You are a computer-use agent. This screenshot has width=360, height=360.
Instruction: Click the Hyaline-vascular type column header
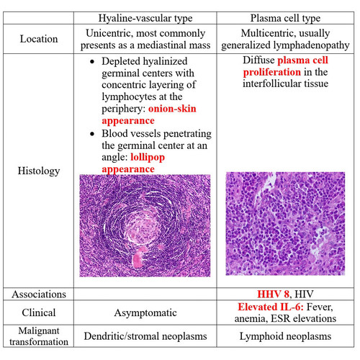(x=145, y=18)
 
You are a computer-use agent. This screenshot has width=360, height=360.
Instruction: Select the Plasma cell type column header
(x=285, y=18)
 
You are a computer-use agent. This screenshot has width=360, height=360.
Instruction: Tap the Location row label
(x=39, y=39)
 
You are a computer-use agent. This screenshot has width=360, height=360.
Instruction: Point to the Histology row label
(x=39, y=171)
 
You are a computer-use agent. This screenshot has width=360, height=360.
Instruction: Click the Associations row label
(x=39, y=294)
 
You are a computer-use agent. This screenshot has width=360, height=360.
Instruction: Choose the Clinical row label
(x=39, y=312)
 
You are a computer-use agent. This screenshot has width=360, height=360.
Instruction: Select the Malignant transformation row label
(x=39, y=336)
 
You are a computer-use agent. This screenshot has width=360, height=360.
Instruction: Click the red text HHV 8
(x=273, y=294)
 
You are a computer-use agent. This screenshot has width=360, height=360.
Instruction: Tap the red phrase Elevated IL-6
(x=271, y=307)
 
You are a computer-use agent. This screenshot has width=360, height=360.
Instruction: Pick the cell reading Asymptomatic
(x=145, y=313)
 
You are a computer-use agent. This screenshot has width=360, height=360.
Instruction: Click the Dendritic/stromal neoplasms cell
(x=145, y=336)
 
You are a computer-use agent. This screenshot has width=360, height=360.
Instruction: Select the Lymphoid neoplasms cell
(x=285, y=336)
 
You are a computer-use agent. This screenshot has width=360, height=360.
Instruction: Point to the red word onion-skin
(x=172, y=109)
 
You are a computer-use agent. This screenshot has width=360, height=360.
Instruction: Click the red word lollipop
(x=148, y=158)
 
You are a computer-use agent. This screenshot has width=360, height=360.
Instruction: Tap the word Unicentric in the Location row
(x=109, y=33)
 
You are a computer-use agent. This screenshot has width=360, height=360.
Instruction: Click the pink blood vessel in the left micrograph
(x=139, y=257)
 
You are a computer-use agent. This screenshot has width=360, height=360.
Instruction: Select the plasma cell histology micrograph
(x=285, y=223)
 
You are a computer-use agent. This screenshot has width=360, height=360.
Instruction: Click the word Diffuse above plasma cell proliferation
(x=258, y=60)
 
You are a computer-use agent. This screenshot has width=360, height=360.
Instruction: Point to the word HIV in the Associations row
(x=304, y=294)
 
